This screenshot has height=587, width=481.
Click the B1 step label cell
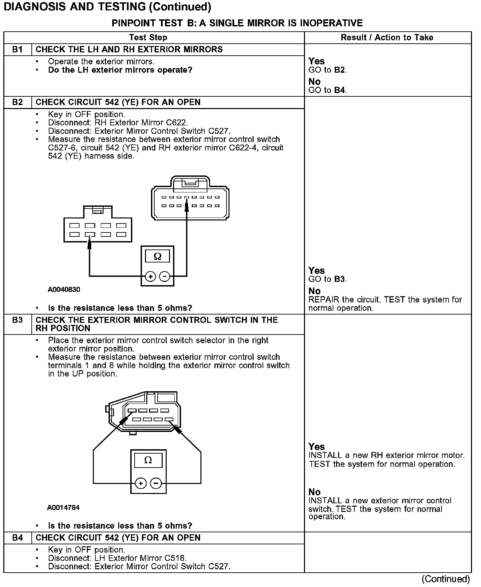[17, 50]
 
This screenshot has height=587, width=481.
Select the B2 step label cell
[17, 102]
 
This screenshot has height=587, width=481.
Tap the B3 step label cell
[17, 320]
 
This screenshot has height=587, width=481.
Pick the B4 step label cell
[17, 538]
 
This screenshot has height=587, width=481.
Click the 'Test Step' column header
[148, 38]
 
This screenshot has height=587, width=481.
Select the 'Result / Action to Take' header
[387, 38]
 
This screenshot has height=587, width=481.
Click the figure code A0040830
[64, 289]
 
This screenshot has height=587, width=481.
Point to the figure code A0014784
[63, 508]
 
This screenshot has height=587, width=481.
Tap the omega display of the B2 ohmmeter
[157, 256]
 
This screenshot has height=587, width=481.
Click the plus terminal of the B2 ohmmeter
[151, 276]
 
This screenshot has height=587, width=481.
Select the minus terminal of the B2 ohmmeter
[164, 276]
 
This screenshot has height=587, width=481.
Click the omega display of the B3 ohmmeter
[148, 460]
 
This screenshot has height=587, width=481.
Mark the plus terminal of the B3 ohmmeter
[141, 483]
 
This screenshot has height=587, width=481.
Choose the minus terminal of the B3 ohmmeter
[156, 483]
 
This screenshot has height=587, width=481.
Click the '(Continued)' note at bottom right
[446, 579]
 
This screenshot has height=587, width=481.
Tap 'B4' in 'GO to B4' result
[340, 90]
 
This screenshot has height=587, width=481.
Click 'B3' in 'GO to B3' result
[340, 279]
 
